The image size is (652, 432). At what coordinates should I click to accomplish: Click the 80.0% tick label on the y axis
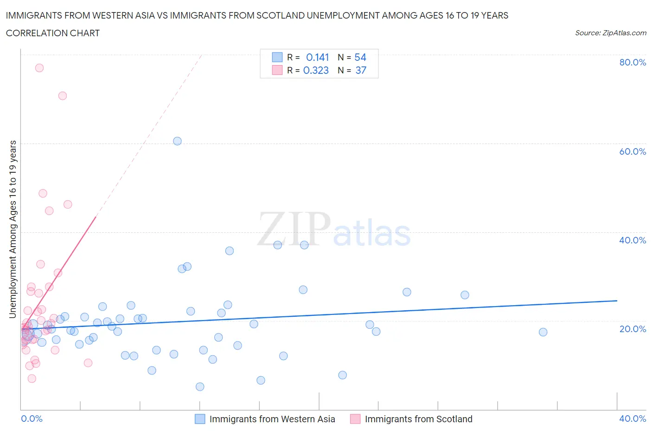[x=633, y=62]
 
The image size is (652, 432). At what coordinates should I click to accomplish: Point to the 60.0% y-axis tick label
[x=633, y=151]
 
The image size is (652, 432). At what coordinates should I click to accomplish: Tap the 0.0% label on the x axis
[x=32, y=419]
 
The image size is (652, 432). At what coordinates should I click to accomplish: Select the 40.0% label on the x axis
[x=633, y=419]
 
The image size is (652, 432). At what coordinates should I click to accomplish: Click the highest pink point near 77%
[x=39, y=68]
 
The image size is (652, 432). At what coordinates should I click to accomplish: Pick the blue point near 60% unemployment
[x=177, y=141]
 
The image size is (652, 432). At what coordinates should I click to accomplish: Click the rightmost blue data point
[x=543, y=332]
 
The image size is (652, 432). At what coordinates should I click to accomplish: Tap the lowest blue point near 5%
[x=200, y=386]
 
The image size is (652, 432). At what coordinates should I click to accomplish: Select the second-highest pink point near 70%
[x=63, y=96]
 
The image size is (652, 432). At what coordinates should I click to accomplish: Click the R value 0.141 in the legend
[x=317, y=57]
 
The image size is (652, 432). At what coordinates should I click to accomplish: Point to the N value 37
[x=361, y=70]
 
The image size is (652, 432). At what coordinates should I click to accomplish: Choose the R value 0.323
[x=316, y=70]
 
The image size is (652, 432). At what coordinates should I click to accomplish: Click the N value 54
[x=360, y=57]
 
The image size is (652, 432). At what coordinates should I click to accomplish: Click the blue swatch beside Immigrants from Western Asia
[x=200, y=419]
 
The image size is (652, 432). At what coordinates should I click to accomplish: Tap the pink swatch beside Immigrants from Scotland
[x=355, y=419]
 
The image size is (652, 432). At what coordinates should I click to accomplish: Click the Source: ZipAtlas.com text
[x=610, y=33]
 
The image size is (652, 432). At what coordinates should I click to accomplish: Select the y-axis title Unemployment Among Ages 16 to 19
[x=13, y=229]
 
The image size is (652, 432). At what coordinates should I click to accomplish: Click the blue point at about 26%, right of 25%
[x=465, y=295]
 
